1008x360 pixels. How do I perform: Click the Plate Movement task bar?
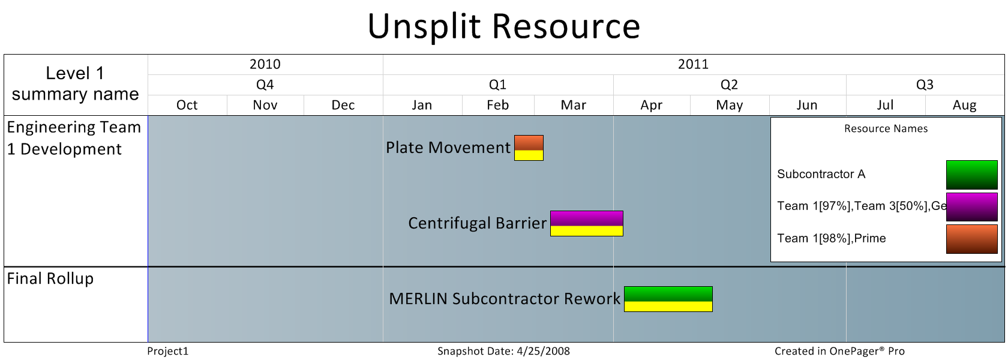[x=529, y=148]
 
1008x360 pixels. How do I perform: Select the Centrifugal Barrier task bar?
[x=587, y=223]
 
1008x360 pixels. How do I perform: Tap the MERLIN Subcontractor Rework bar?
[x=668, y=299]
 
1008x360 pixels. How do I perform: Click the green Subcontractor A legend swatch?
[x=971, y=175]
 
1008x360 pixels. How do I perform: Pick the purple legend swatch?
[x=971, y=207]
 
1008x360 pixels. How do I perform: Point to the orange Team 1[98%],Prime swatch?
[x=971, y=239]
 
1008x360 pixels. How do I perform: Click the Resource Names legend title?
[x=886, y=128]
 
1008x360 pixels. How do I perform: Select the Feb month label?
[x=498, y=105]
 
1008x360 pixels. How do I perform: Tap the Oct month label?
[x=187, y=105]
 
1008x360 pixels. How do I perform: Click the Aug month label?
[x=964, y=106]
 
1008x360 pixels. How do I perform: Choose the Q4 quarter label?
[x=265, y=85]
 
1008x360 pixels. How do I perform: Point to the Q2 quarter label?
[x=729, y=85]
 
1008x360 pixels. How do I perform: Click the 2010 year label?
[x=265, y=64]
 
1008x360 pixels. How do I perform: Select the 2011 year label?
[x=693, y=64]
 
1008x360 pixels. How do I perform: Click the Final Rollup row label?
[x=50, y=278]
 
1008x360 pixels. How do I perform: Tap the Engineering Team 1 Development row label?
[x=74, y=138]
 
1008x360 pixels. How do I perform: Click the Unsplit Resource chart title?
[x=504, y=26]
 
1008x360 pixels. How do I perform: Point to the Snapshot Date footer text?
[x=503, y=351]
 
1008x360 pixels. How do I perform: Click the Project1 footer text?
[x=168, y=351]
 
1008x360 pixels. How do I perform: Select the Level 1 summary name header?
[x=75, y=84]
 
